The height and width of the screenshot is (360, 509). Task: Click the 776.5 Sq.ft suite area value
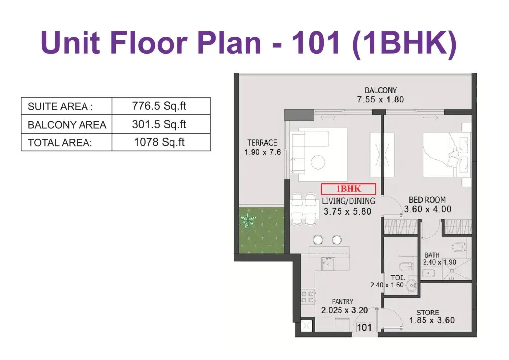pos(159,106)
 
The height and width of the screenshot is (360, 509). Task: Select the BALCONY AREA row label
pos(67,125)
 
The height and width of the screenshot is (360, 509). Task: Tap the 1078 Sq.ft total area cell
pos(160,142)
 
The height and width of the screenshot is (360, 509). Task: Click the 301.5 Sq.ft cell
pos(159,124)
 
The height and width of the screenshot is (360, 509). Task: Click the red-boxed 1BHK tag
pos(348,189)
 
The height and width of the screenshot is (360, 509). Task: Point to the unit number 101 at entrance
pos(364,327)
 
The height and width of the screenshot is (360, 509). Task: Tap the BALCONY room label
pos(380,90)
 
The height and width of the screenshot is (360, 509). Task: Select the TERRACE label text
pos(262,143)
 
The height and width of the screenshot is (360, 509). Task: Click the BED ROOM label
pos(427,200)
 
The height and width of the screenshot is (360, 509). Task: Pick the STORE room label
pos(428,312)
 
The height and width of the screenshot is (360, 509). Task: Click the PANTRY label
pos(342,301)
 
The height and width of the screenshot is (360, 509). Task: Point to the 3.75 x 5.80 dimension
pos(347,212)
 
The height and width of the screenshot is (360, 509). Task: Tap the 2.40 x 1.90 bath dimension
pos(439,262)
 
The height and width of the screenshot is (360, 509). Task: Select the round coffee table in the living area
pos(318,162)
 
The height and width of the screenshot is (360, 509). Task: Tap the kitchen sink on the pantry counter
pos(328,264)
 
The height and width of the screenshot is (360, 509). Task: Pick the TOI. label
pos(397,278)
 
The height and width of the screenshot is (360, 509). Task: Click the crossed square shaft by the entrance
pos(306,326)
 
